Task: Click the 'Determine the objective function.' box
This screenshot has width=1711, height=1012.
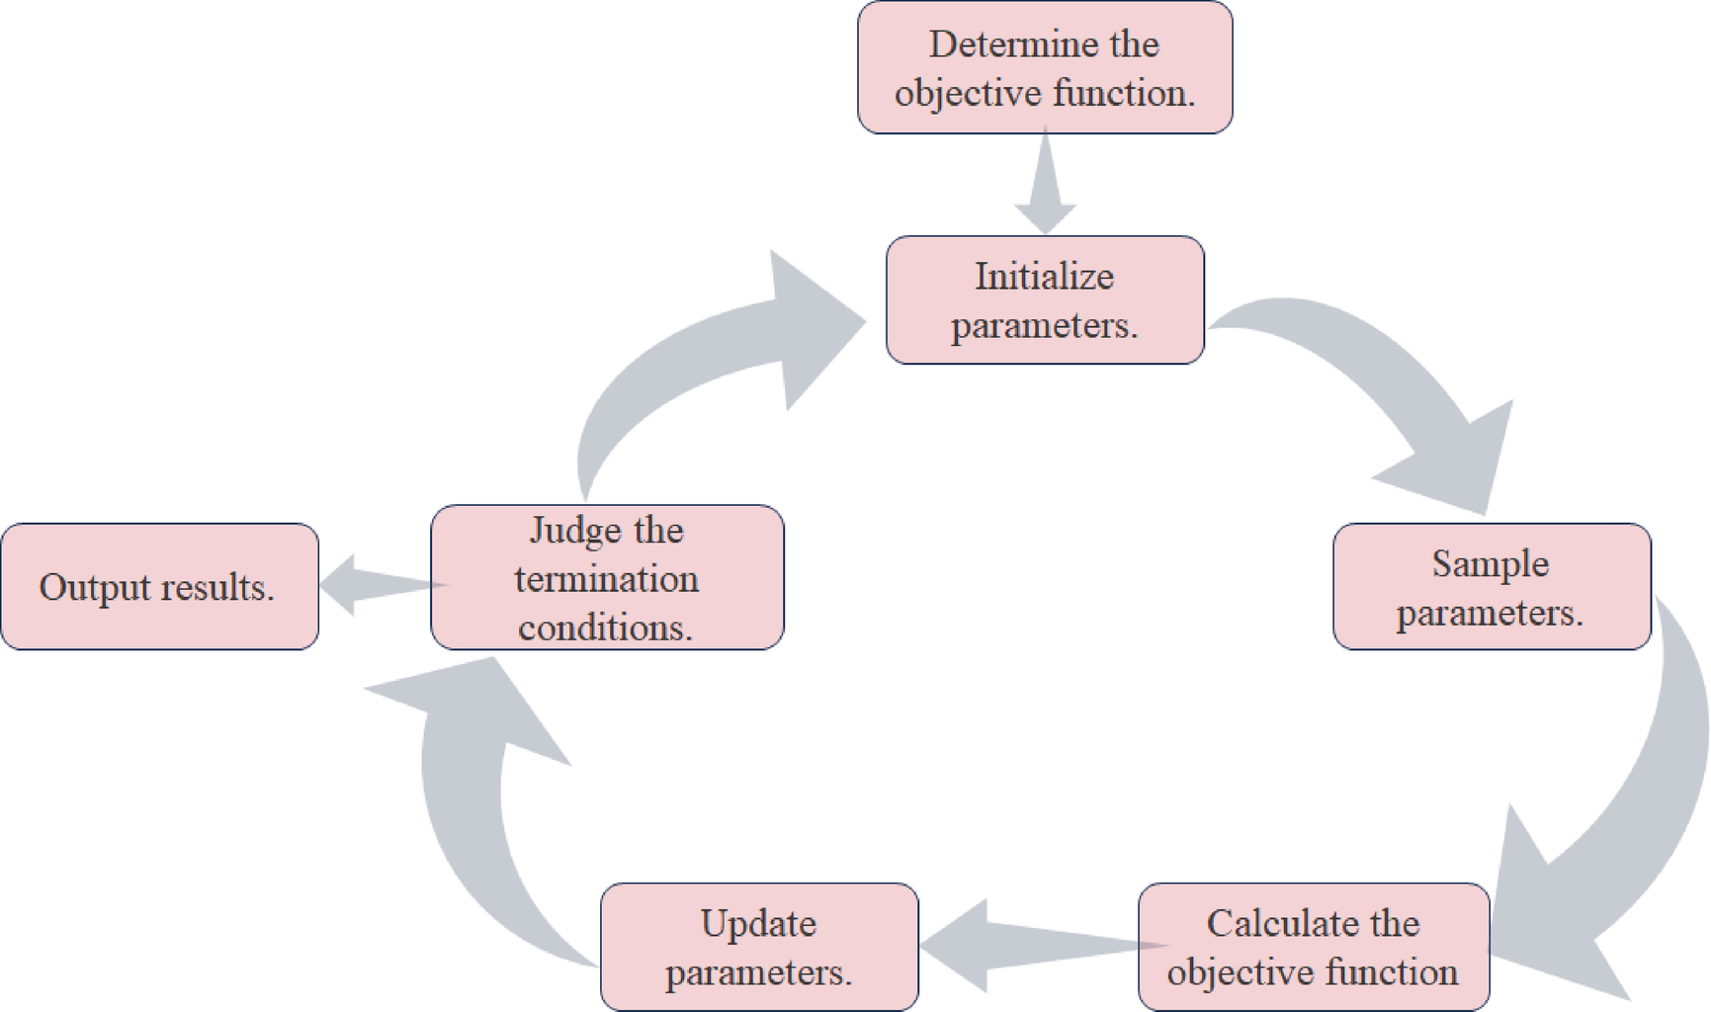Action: click(1045, 67)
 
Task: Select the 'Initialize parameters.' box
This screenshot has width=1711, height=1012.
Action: click(1045, 300)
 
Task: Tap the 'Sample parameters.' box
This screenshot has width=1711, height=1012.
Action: click(1491, 587)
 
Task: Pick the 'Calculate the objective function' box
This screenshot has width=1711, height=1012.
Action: click(1313, 947)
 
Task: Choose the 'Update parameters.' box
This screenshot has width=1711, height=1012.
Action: click(759, 947)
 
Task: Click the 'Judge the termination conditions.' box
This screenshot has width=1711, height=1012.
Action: click(607, 578)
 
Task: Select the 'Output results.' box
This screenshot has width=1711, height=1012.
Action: click(159, 587)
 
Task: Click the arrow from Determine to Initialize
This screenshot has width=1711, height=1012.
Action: click(1045, 188)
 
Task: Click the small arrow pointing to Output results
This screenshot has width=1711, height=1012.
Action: click(376, 585)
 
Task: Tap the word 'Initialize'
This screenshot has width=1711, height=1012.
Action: click(1045, 277)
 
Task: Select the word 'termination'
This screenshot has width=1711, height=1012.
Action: click(607, 579)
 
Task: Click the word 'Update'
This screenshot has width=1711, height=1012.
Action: click(758, 923)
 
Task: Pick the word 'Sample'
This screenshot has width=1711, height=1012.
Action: click(1491, 563)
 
